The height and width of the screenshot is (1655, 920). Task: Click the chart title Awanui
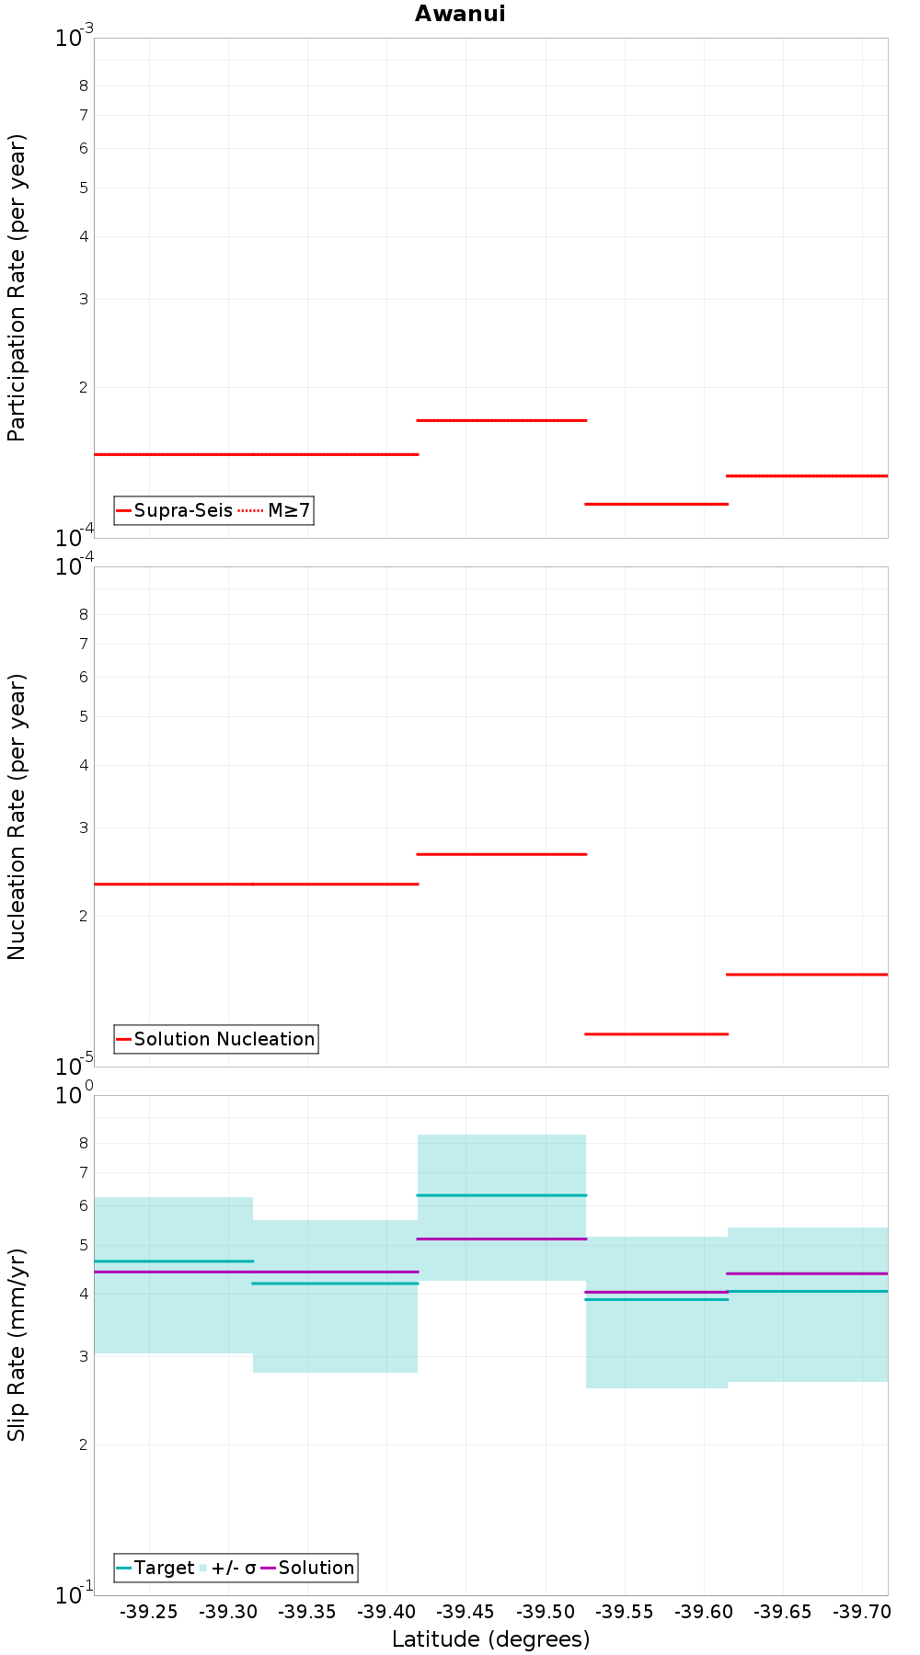pos(460,14)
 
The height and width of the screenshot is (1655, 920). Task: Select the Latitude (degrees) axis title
pos(490,1639)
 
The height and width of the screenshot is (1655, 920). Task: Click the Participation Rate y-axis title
pos(17,288)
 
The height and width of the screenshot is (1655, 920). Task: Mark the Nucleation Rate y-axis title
pos(17,816)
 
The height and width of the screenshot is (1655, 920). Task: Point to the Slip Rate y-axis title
pos(17,1345)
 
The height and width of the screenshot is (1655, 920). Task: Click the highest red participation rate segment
pos(501,420)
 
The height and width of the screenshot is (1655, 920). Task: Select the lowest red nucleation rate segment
pos(656,1033)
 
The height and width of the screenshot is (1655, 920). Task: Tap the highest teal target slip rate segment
pos(501,1195)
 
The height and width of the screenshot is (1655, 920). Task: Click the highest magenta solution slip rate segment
pos(501,1238)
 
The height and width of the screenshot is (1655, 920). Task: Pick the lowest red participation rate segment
pos(656,504)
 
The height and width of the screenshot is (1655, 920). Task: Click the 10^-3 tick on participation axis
pos(74,39)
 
